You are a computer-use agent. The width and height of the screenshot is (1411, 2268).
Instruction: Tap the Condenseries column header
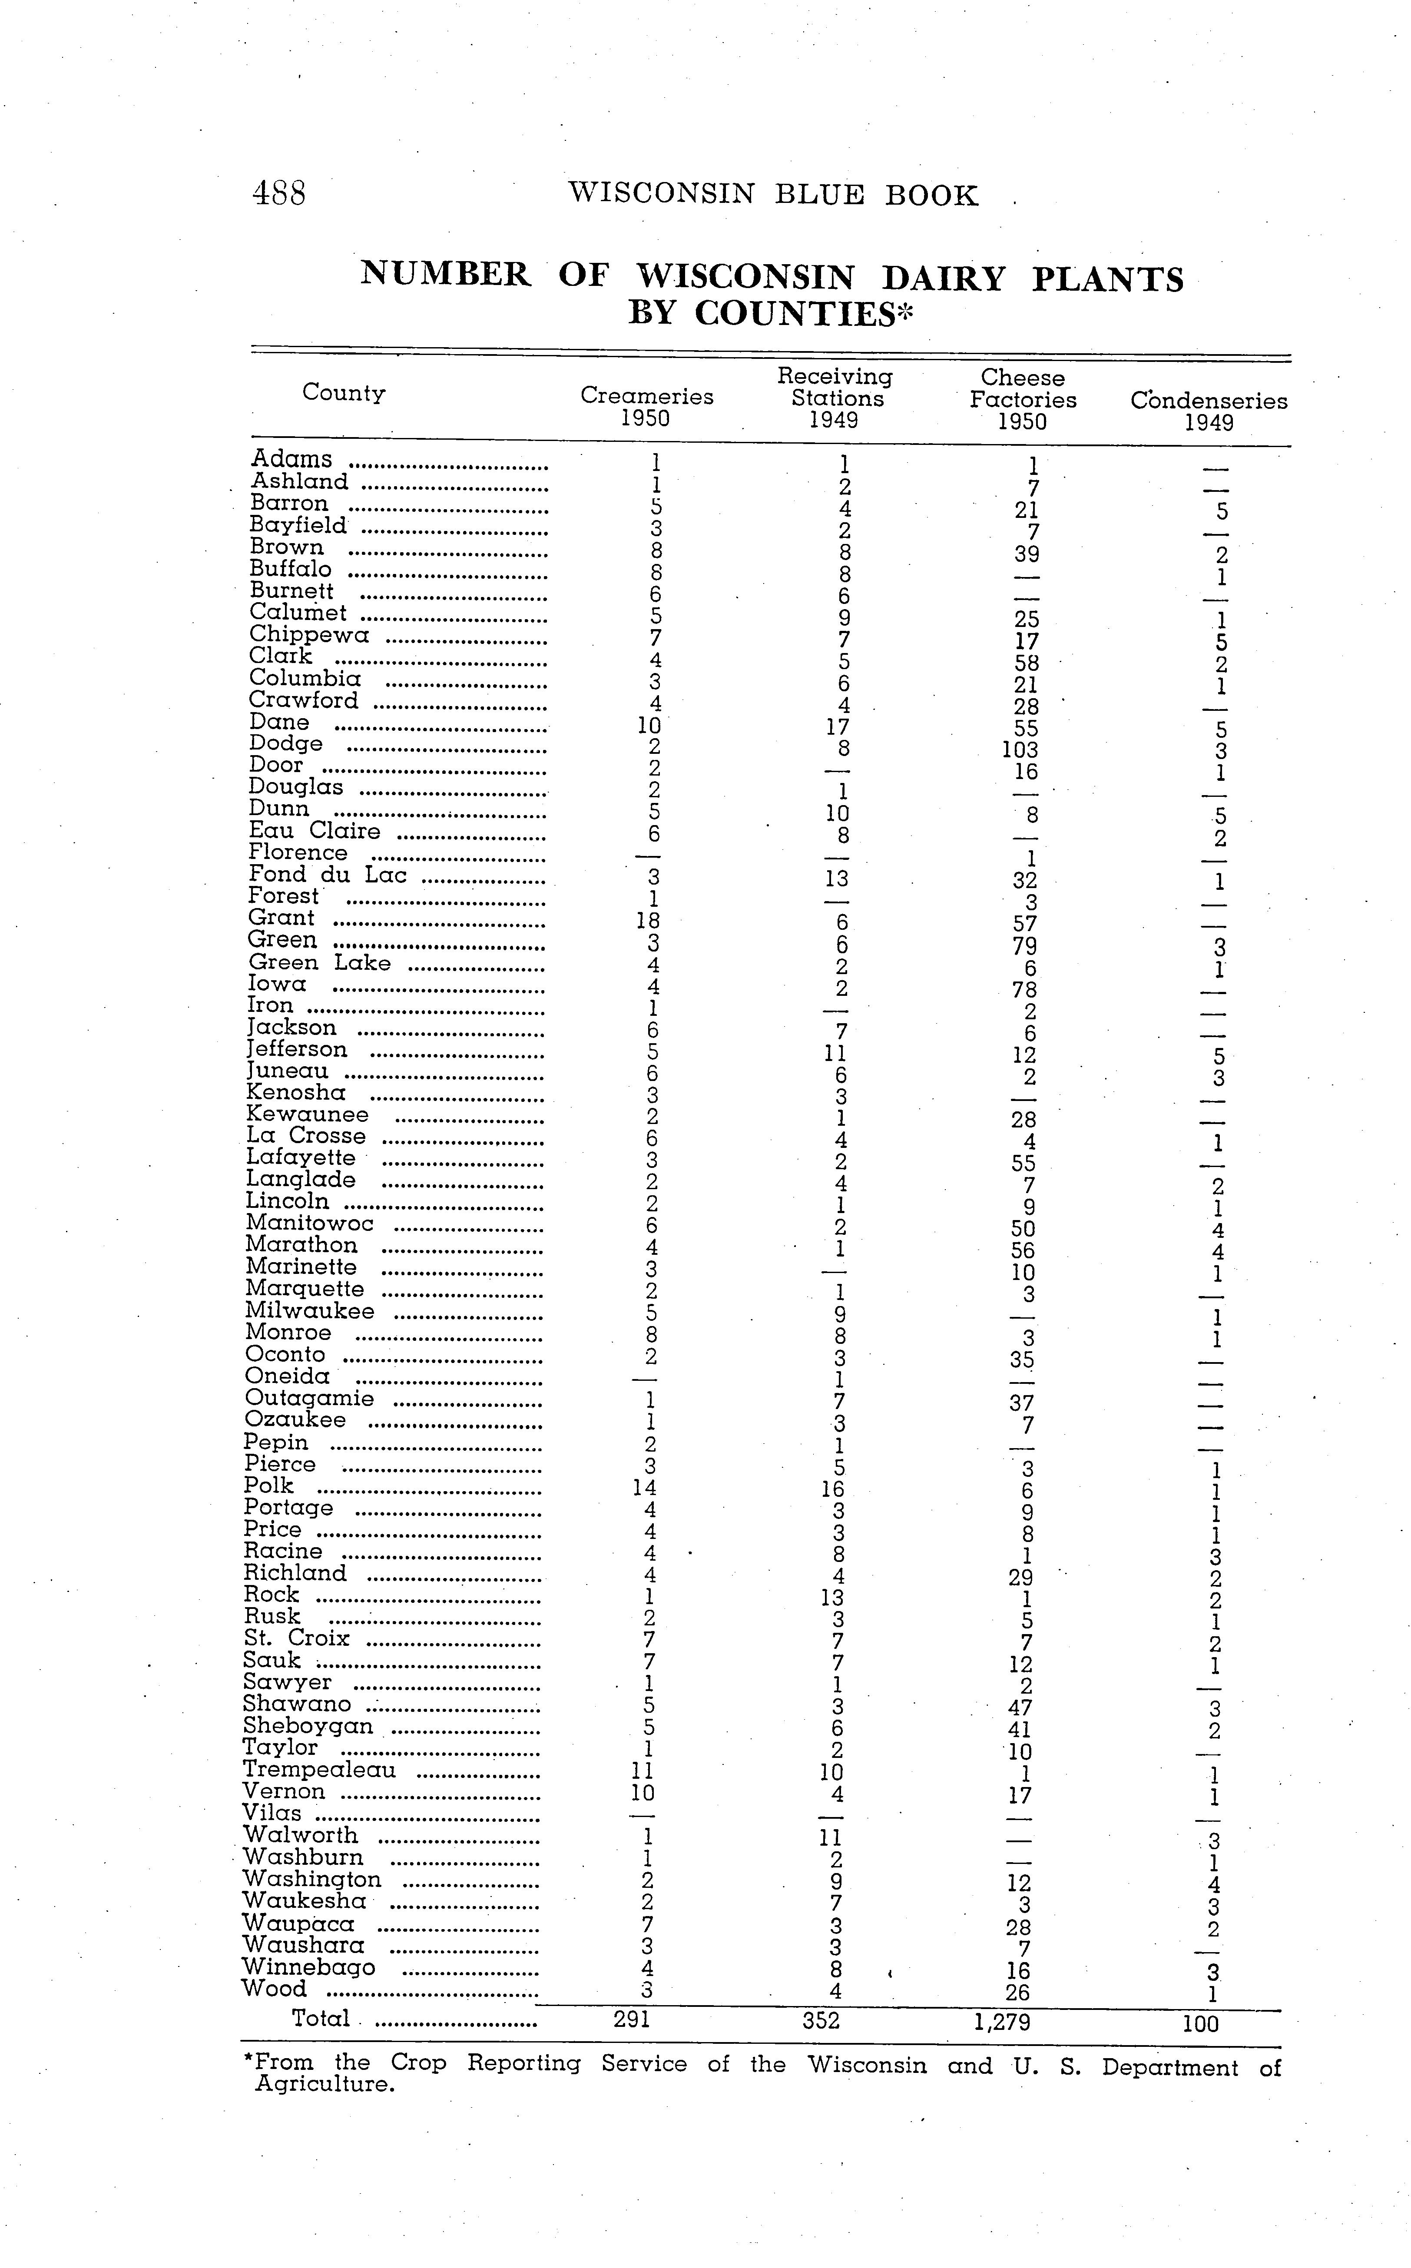[1209, 411]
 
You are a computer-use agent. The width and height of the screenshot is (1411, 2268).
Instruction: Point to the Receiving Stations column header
[835, 398]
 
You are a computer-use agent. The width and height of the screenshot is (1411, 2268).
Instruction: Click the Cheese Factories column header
[1023, 399]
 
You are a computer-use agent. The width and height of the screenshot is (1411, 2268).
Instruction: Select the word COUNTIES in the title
[794, 314]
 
